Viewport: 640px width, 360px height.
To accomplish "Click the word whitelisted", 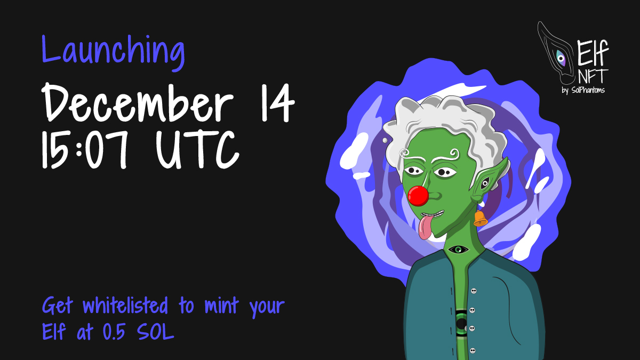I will click(129, 307).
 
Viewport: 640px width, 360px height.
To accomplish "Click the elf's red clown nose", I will click(418, 196).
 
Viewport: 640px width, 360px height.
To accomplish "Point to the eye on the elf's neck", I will click(458, 249).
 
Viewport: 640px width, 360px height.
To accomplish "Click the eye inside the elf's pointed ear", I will click(484, 183).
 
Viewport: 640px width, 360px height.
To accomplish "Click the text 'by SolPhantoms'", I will click(583, 89).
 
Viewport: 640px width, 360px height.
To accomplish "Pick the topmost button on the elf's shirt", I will click(474, 291).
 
